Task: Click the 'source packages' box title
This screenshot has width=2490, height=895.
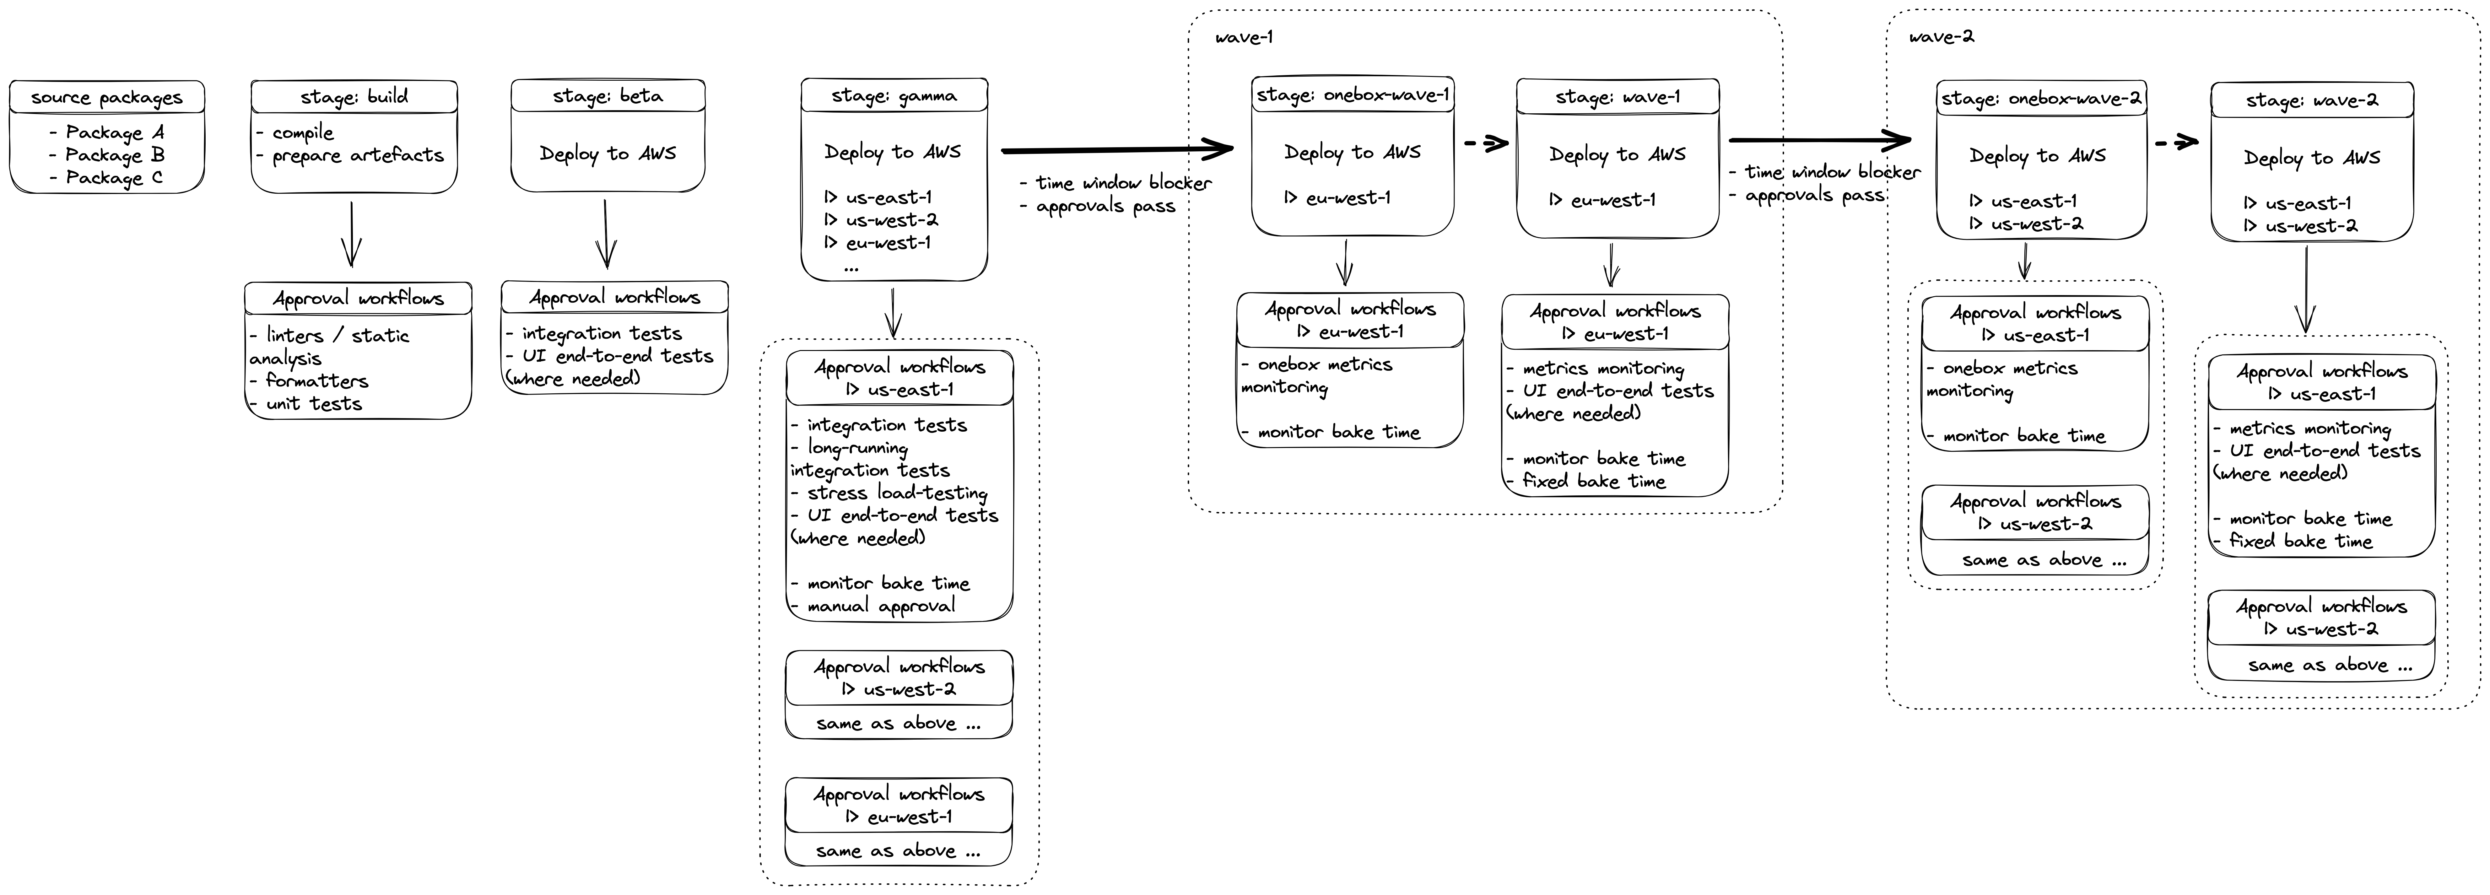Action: (106, 98)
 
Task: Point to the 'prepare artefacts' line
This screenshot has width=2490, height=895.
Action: (358, 155)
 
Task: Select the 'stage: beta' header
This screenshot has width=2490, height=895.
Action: (607, 96)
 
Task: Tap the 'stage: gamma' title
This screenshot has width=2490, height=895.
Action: (894, 96)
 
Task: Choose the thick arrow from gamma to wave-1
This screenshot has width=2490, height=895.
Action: (1116, 150)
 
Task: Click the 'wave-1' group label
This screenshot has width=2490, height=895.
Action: (1244, 38)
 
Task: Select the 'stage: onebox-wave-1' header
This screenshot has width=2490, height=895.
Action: (1352, 95)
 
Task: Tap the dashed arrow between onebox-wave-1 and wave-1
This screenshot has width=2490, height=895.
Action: (1486, 144)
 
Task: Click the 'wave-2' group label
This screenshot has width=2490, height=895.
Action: (1941, 37)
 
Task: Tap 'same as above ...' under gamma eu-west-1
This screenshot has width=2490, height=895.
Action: (898, 850)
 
